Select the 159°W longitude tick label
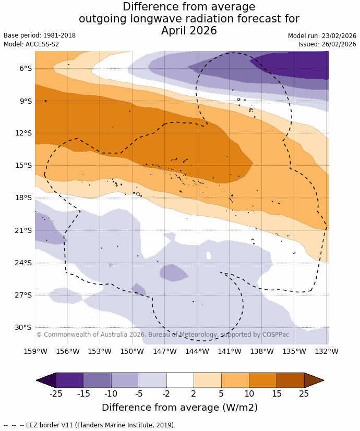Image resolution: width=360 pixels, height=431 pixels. click(x=35, y=351)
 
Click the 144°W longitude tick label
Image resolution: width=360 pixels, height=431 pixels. click(x=197, y=351)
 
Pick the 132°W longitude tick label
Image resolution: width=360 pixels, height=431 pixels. click(x=327, y=351)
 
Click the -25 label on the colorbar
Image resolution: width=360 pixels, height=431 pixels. click(x=56, y=393)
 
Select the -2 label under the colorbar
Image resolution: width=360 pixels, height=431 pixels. click(x=166, y=393)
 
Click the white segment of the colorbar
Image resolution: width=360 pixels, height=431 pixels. click(x=180, y=380)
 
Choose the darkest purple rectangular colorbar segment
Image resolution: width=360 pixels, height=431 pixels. click(x=69, y=380)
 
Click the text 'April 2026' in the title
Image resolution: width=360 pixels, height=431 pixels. click(x=189, y=31)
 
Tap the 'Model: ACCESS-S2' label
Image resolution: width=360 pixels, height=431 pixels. click(x=31, y=44)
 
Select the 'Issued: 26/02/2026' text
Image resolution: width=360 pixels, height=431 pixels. click(x=327, y=44)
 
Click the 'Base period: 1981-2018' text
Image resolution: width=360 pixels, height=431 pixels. click(x=40, y=35)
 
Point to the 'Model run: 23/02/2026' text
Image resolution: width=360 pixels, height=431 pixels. click(x=322, y=36)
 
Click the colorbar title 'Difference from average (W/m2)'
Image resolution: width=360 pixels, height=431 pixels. click(x=180, y=408)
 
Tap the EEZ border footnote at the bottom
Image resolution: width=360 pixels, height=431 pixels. click(x=90, y=425)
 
